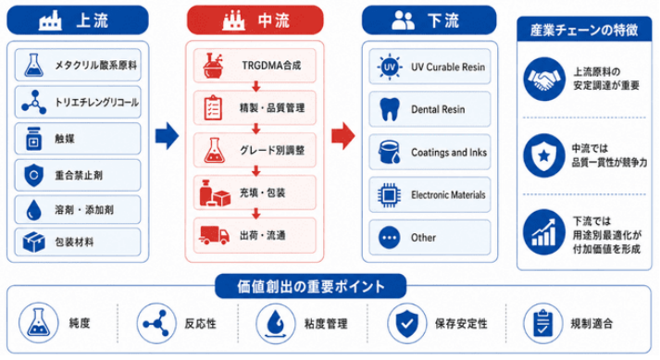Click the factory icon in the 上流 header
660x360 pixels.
click(x=50, y=19)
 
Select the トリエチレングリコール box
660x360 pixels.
click(x=78, y=103)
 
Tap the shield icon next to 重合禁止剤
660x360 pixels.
click(x=33, y=175)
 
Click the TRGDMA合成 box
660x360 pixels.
click(x=255, y=66)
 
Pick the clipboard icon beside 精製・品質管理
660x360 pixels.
click(x=213, y=107)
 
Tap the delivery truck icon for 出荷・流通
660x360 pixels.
click(x=214, y=235)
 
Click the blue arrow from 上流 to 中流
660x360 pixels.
click(x=168, y=136)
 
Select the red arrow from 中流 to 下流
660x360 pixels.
click(x=343, y=136)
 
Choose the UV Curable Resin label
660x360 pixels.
click(x=448, y=67)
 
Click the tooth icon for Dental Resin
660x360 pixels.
click(x=390, y=109)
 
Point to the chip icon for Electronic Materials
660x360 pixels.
click(x=389, y=195)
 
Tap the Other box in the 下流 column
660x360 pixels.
click(x=430, y=238)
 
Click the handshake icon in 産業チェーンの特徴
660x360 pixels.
click(x=544, y=79)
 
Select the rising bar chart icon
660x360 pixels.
click(x=544, y=232)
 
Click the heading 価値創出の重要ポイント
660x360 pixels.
click(x=311, y=286)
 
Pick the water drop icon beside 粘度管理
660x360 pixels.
click(x=276, y=323)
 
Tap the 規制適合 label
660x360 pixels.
click(x=592, y=323)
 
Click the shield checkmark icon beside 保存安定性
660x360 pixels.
click(x=406, y=323)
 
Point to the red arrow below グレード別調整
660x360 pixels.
click(x=255, y=171)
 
